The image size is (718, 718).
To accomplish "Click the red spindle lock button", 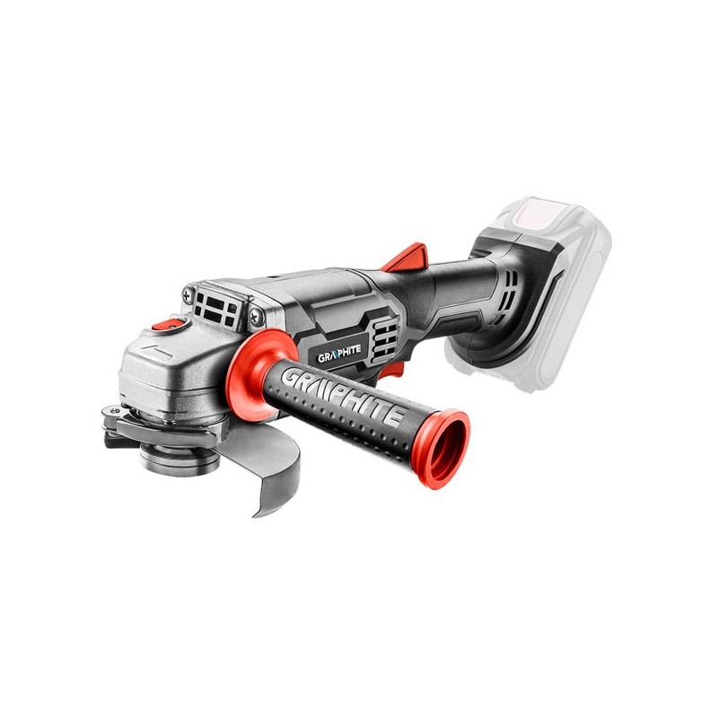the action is pyautogui.click(x=166, y=325).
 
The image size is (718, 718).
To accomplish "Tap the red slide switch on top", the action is pyautogui.click(x=407, y=257).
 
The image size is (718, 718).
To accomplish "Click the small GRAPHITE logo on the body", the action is pyautogui.click(x=339, y=353).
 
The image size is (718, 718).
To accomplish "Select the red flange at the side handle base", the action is pyautogui.click(x=253, y=374).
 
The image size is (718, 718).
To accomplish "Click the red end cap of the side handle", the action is pyautogui.click(x=441, y=448).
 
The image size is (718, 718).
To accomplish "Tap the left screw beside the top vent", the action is pyautogui.click(x=188, y=294).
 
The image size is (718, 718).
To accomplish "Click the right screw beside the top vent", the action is pyautogui.click(x=257, y=315).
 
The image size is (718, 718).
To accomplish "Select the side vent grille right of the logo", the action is pyautogui.click(x=385, y=339).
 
